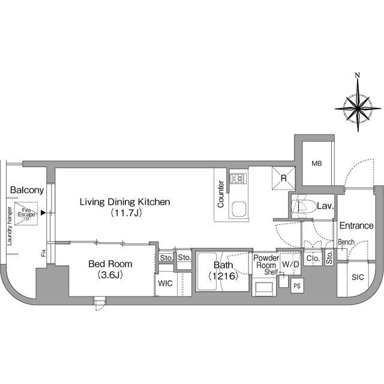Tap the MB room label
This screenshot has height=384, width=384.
[317, 163]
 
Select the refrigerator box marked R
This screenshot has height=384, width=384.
[284, 178]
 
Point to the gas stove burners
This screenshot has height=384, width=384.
[238, 178]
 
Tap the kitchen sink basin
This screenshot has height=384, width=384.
[239, 209]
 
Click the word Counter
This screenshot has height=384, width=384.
[221, 194]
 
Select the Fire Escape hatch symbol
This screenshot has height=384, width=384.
[26, 214]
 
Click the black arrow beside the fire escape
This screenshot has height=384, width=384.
[43, 212]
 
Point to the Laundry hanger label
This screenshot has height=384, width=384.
[10, 226]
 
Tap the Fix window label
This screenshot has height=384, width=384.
[44, 253]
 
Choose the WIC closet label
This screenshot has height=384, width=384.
[166, 283]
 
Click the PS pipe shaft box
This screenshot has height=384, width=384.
[297, 286]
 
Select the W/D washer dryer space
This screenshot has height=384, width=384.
[290, 264]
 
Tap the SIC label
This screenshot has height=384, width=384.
[358, 277]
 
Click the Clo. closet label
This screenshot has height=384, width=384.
[313, 259]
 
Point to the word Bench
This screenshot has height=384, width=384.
[346, 242]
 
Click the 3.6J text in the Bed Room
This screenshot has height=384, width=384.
[110, 275]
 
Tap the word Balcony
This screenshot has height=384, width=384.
[27, 190]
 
